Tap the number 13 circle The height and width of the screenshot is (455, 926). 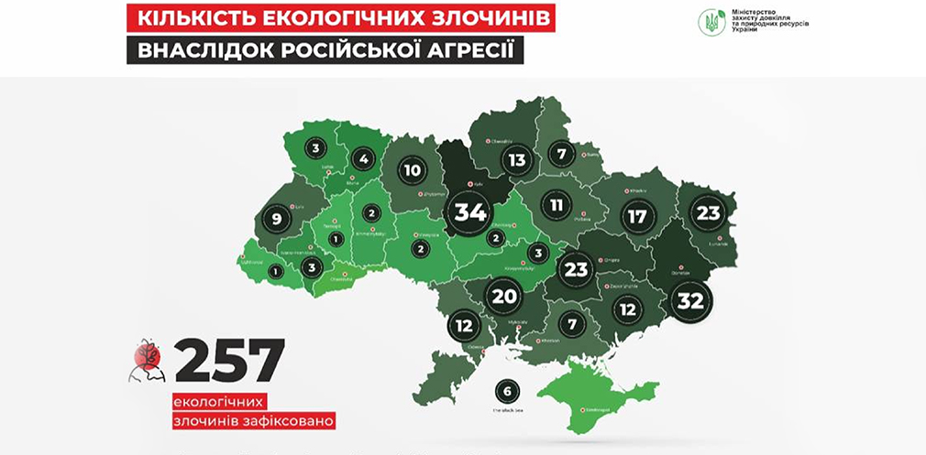[x=518, y=160]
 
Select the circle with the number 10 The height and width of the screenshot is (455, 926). [x=413, y=170]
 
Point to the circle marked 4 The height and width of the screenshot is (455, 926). [x=364, y=159]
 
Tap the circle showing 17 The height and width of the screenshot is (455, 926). [x=635, y=218]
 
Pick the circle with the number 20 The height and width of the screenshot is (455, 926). [x=505, y=295]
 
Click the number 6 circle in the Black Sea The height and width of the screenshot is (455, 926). [x=506, y=392]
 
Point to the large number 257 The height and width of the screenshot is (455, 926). [x=229, y=360]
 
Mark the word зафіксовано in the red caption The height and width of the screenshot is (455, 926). [x=286, y=421]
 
